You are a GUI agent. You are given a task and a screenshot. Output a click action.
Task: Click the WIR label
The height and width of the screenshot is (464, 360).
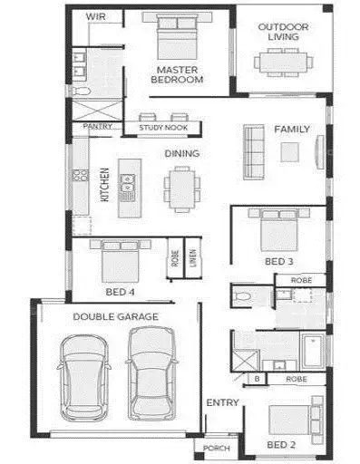95,16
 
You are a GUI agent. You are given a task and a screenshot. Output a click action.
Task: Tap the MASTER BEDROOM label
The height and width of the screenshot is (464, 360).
178,74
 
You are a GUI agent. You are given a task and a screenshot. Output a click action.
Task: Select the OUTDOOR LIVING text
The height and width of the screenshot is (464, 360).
283,33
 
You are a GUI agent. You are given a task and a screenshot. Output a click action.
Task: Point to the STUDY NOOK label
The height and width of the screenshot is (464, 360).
164,128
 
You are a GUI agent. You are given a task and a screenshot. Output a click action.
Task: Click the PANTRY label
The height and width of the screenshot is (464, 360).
97,127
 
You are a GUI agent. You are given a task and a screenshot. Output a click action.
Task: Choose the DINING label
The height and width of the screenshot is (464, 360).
181,153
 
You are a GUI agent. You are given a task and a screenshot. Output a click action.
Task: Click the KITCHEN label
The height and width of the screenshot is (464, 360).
105,186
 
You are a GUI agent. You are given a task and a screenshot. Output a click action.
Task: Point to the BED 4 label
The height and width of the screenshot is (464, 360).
120,293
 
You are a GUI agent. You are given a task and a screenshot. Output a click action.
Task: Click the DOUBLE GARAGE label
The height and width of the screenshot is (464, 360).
115,316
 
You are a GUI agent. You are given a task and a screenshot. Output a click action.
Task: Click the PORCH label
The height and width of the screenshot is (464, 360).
217,448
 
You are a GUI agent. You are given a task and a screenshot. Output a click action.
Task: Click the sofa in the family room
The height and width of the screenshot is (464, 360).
253,141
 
